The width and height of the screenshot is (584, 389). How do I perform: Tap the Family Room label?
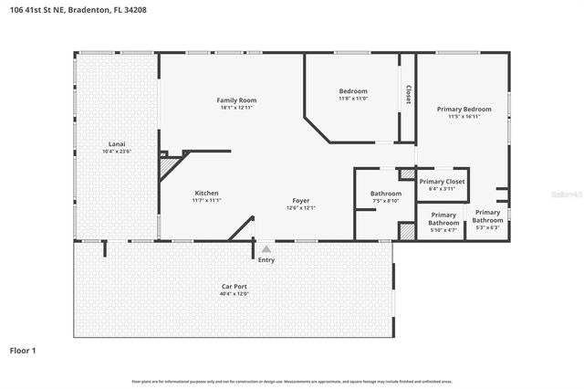coord(236,100)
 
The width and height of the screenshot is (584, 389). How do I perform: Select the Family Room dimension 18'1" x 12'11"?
coord(236,109)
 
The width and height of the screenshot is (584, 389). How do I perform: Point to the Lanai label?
coord(117,144)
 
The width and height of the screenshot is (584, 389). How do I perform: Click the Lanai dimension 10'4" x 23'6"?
coord(117,152)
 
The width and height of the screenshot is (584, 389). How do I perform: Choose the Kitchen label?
coord(207,193)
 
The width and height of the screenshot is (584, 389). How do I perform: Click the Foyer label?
coord(301,200)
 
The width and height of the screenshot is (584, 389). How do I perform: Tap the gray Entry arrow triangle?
coord(266,247)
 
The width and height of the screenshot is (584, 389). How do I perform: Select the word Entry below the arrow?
coord(266,260)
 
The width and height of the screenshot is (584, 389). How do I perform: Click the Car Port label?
coord(234,286)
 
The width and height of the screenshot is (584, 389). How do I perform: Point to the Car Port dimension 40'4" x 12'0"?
coord(234,294)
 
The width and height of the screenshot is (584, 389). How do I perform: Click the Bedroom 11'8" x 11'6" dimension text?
coord(353,99)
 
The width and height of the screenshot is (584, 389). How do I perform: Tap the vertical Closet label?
coord(408,94)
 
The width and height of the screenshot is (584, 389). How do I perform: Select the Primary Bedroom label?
coord(470,109)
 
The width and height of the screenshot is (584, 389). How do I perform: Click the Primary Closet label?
coord(443,182)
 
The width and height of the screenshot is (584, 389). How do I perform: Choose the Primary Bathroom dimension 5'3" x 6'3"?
coord(487,228)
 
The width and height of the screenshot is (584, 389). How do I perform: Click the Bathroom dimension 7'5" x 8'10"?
coord(386,202)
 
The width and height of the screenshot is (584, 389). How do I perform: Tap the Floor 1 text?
coord(24,350)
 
